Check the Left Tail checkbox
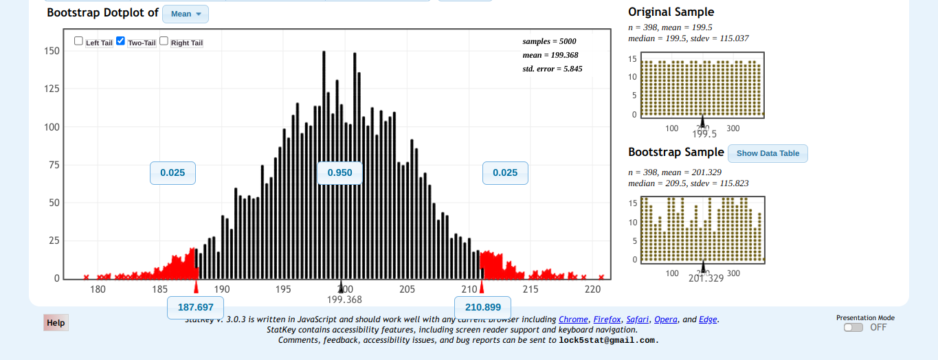tap(78, 41)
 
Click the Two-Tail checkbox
tap(121, 41)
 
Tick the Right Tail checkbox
tap(164, 41)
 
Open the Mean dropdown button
tap(186, 14)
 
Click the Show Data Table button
tap(768, 153)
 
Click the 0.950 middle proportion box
tap(339, 172)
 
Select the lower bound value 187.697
tap(195, 307)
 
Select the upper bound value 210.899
tap(482, 307)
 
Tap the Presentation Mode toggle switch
tap(853, 327)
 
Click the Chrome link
tap(573, 319)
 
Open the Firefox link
tap(607, 319)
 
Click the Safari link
tap(638, 319)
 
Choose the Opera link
tap(665, 319)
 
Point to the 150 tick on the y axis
tap(52, 51)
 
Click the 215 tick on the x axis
tap(531, 289)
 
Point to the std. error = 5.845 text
tap(552, 69)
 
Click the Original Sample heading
tap(671, 12)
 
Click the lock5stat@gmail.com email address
tap(608, 340)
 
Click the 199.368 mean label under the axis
tap(344, 300)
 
